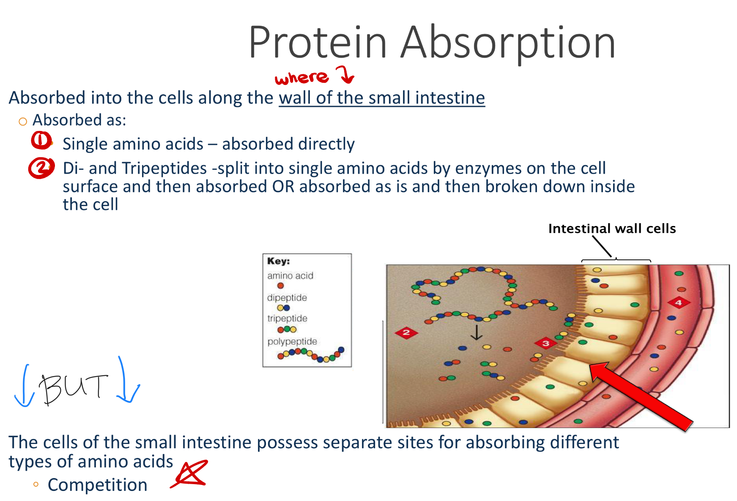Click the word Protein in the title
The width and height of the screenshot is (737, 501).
[x=318, y=42]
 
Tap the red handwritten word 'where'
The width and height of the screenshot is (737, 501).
[x=301, y=77]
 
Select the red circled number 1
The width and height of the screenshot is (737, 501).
[x=41, y=140]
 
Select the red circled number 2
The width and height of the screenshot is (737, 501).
[x=41, y=168]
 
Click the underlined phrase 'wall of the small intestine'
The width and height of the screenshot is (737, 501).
[x=382, y=98]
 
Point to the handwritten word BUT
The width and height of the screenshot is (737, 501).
[x=73, y=388]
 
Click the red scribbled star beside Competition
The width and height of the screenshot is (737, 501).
[x=190, y=474]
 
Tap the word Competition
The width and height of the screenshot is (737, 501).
[x=98, y=485]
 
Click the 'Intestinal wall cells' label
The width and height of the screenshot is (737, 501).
[x=612, y=229]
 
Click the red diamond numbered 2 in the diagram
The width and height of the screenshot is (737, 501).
[x=406, y=332]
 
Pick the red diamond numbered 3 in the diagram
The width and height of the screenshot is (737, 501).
[x=546, y=343]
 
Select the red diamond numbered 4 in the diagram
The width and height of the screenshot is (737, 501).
[x=679, y=302]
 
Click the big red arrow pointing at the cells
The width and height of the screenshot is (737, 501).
[x=641, y=396]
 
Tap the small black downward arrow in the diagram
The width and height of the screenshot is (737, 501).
[x=477, y=332]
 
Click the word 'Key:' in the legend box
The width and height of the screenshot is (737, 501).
[x=278, y=261]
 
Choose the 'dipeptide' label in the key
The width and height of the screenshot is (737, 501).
[x=287, y=297]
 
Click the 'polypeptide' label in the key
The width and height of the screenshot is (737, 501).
[x=292, y=341]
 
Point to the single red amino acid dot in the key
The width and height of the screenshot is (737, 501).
[x=280, y=286]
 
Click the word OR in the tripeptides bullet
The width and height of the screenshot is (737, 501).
[x=283, y=187]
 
